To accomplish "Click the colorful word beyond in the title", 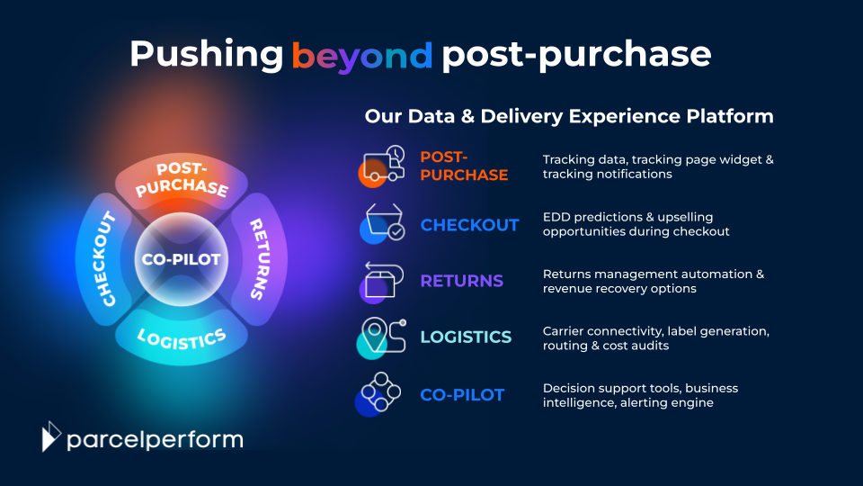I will (362, 55).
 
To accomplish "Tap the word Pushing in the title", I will (206, 55).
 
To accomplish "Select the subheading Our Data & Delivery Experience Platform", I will (569, 116).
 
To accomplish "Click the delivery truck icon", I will (382, 165).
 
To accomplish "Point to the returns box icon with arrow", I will (380, 281).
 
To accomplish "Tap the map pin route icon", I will (382, 337).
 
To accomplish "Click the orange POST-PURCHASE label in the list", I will (464, 166).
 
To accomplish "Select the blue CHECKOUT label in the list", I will (469, 225).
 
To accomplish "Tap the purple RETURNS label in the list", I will (461, 281).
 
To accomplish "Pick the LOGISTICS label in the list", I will (466, 337).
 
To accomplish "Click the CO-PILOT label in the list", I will (462, 394).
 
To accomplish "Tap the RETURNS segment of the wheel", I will (258, 259).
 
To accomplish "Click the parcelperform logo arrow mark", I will (51, 436).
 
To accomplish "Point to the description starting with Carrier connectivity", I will (655, 337).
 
